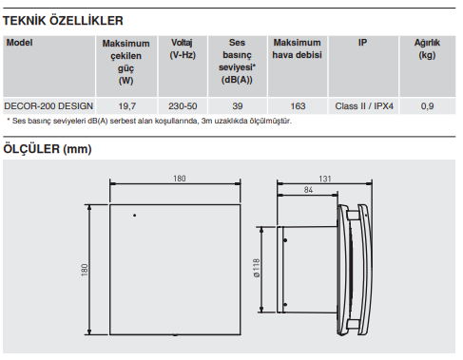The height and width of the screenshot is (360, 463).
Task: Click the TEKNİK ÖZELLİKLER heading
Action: click(63, 21)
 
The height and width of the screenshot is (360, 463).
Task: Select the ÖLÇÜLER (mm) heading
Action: click(48, 149)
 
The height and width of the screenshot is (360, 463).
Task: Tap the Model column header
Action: click(19, 43)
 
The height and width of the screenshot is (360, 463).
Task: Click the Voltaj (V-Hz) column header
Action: click(183, 48)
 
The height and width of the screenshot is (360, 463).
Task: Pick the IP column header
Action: click(362, 43)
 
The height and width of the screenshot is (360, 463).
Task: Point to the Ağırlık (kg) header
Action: click(427, 48)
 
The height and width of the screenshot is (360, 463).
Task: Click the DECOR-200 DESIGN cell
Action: click(48, 106)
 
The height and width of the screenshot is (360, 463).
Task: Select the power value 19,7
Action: click(127, 106)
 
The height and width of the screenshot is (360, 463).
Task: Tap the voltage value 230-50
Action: click(183, 106)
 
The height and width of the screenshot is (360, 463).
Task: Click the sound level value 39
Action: click(238, 106)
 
